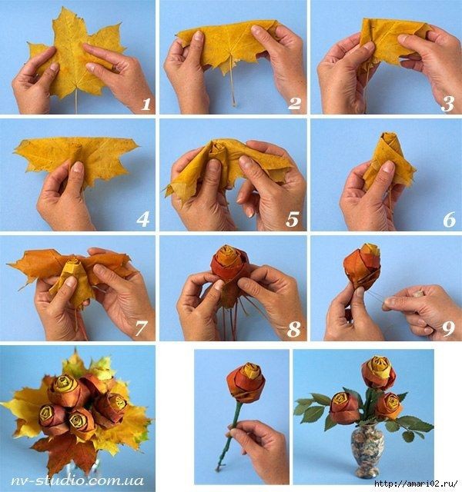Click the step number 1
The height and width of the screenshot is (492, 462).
click(146, 104)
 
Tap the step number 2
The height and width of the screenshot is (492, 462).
click(294, 104)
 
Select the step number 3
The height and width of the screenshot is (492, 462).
click(447, 104)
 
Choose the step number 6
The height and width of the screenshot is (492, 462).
click(450, 219)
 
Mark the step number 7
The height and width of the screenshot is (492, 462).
click(140, 328)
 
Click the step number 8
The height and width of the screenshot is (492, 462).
click(294, 329)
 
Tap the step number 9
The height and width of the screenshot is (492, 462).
click(448, 328)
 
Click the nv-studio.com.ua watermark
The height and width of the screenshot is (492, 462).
click(77, 480)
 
